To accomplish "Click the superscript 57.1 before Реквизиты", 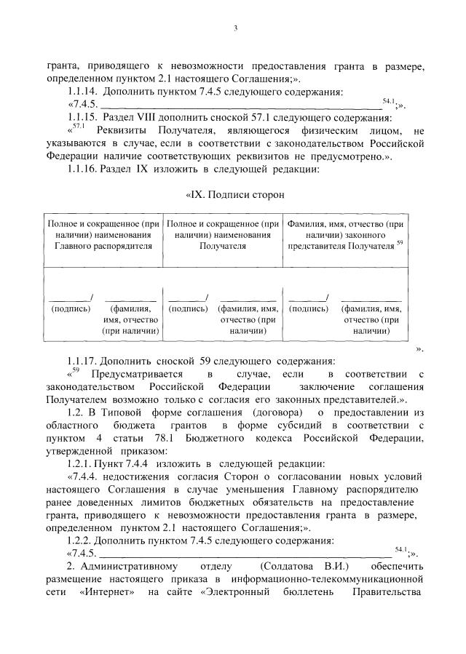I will (x=78, y=126).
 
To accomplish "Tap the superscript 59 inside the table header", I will (x=400, y=242).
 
